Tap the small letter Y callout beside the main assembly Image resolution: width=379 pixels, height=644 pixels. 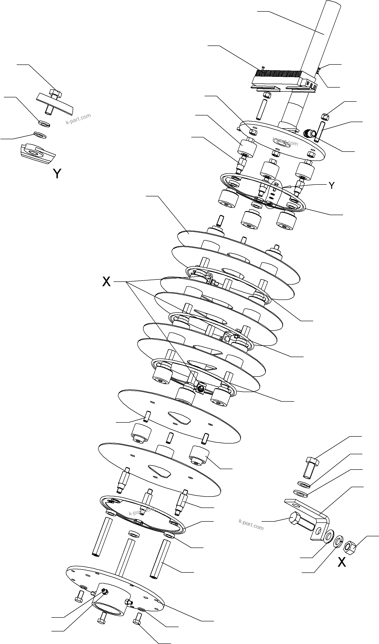pyautogui.click(x=331, y=186)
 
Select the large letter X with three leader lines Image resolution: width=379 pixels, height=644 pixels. pyautogui.click(x=106, y=282)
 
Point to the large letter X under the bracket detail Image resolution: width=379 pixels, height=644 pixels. pyautogui.click(x=342, y=562)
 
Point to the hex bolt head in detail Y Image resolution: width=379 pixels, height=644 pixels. pyautogui.click(x=55, y=94)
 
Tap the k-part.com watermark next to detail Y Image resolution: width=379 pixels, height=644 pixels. pyautogui.click(x=78, y=119)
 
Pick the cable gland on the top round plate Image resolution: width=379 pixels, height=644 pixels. pyautogui.click(x=308, y=133)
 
